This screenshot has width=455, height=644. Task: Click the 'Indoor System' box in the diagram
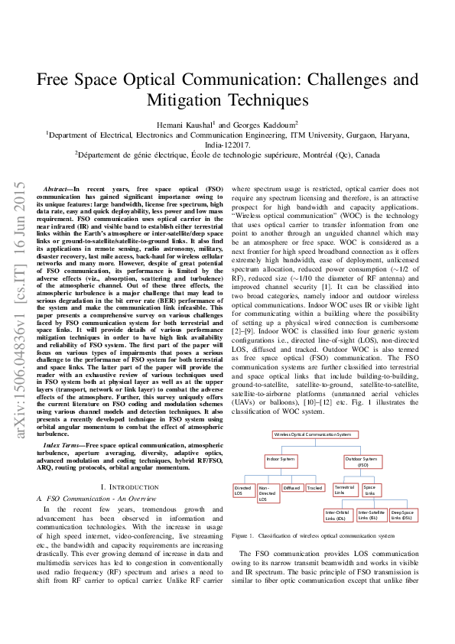tap(281, 459)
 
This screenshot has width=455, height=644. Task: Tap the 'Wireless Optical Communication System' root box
tap(314, 434)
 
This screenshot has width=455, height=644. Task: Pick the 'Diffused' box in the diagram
tap(291, 487)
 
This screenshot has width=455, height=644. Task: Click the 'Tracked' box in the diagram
tap(314, 487)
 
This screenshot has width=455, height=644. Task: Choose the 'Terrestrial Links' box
tap(344, 490)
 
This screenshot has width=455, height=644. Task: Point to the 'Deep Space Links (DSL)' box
tap(402, 515)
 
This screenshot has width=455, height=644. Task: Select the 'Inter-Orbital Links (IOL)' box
tap(337, 515)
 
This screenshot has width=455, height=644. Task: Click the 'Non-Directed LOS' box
tap(267, 493)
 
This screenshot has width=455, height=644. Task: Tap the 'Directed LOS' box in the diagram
tap(243, 490)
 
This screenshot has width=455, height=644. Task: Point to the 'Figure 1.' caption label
tap(242, 536)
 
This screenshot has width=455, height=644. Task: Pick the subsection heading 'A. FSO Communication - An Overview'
tap(93, 498)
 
